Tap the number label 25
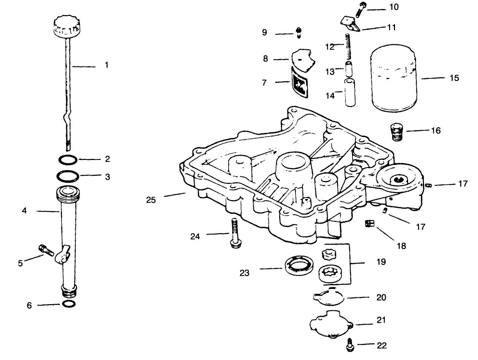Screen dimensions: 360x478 coord(151,200)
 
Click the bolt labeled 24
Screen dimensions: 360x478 coord(235,232)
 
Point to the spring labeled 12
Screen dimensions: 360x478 coord(348,46)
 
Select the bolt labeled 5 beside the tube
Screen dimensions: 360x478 coord(46,250)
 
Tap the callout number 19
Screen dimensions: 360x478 coord(381,262)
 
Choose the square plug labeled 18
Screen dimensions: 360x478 coord(370,223)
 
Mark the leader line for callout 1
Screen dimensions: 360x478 coord(83,66)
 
